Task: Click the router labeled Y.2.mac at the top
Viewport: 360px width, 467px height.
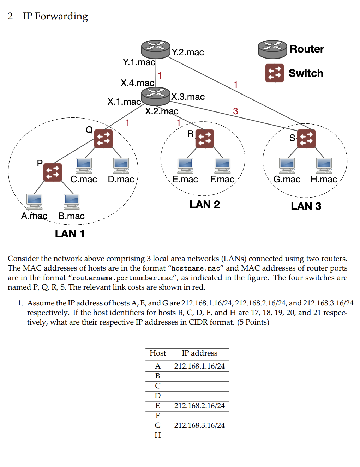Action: click(156, 49)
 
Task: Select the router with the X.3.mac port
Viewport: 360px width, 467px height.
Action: click(156, 96)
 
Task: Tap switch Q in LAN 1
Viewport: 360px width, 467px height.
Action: click(103, 139)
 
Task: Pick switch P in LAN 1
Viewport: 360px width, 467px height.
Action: click(53, 172)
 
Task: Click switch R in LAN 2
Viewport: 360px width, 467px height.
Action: click(204, 139)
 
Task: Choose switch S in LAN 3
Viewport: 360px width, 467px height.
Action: click(306, 139)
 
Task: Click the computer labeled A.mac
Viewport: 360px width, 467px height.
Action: click(34, 201)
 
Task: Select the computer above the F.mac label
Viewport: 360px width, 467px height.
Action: click(222, 165)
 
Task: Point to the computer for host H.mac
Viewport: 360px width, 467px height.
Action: click(324, 165)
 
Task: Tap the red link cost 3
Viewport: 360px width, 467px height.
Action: click(235, 111)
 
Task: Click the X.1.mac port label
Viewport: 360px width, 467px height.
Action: click(124, 102)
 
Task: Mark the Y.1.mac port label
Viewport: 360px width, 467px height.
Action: click(139, 62)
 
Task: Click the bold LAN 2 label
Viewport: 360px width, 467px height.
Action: click(204, 204)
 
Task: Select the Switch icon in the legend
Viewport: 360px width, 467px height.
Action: click(274, 73)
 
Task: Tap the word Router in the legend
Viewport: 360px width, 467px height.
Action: click(307, 49)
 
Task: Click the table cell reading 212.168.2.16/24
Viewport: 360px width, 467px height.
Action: click(199, 406)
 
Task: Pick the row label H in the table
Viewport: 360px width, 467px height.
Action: click(158, 435)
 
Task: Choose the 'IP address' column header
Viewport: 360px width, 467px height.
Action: click(199, 353)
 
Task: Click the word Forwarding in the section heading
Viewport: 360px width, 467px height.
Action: click(61, 17)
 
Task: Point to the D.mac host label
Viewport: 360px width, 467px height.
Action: click(121, 179)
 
